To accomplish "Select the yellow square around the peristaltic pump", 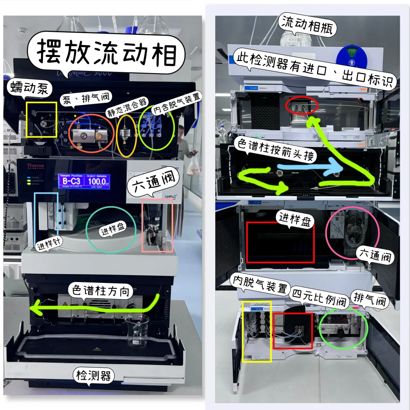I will (x=41, y=120).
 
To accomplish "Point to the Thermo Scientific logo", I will (x=35, y=167).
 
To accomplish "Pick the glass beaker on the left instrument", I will (x=138, y=331).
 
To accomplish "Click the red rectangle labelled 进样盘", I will (x=281, y=242).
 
